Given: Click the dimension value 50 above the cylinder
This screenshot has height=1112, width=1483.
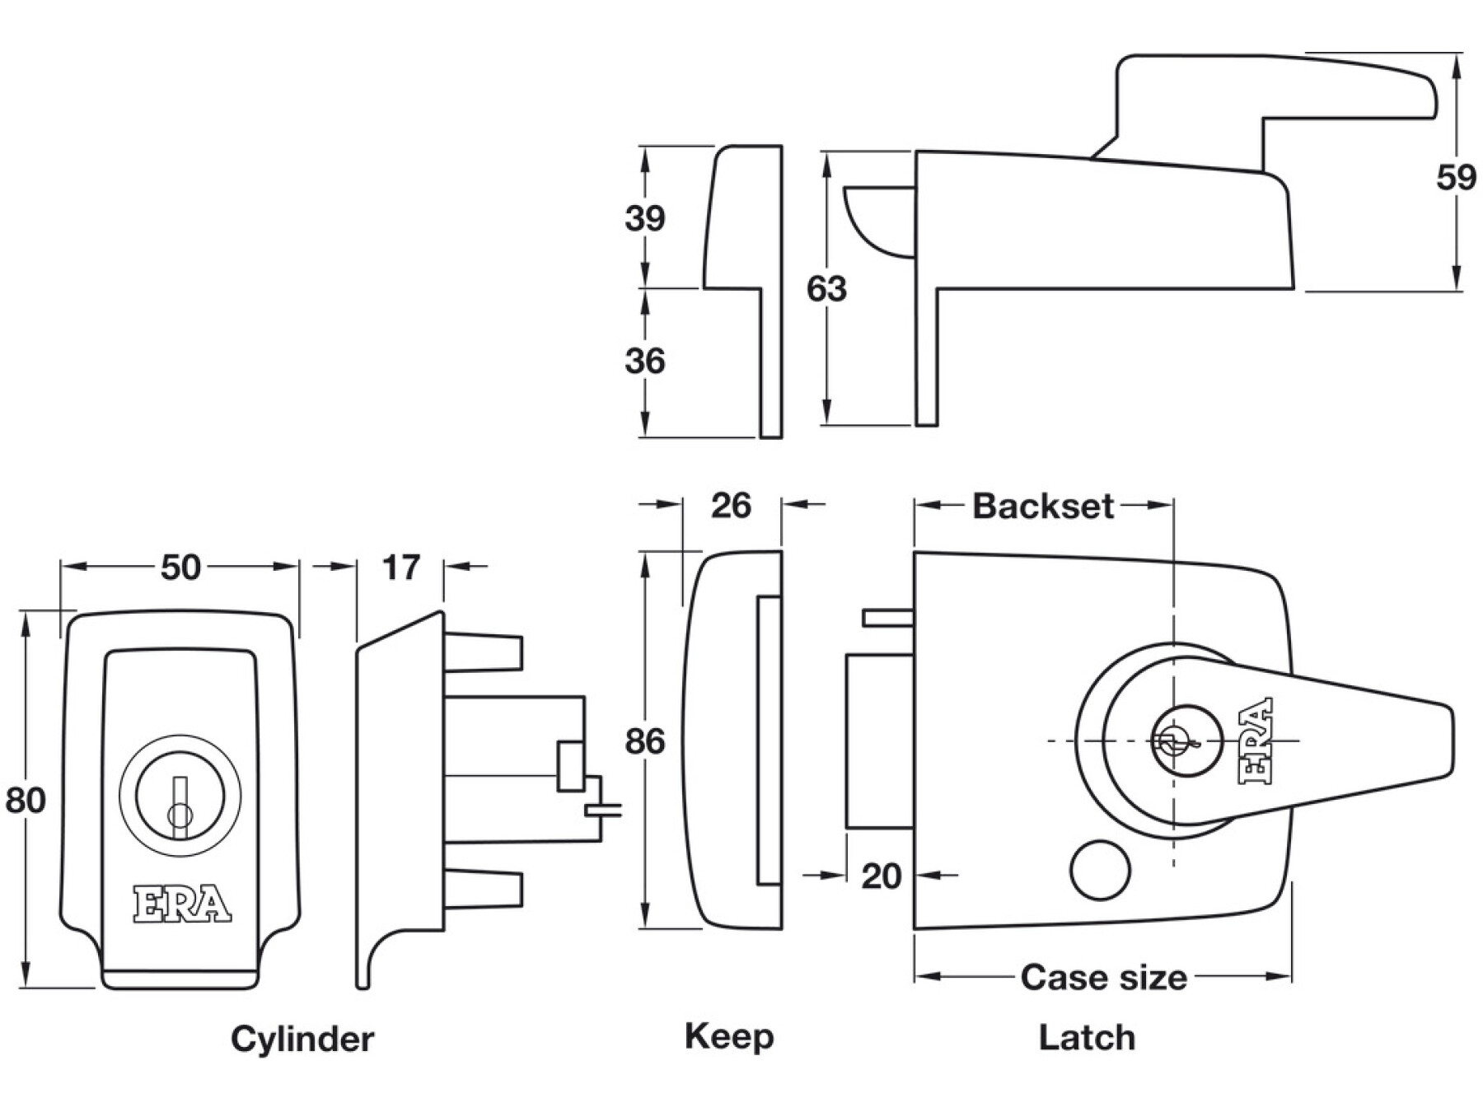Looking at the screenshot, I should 180,568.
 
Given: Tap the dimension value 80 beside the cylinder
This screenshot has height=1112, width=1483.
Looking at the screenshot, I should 25,800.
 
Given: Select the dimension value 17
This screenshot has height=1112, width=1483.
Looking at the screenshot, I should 400,568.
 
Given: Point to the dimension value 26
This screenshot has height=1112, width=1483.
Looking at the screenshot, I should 731,506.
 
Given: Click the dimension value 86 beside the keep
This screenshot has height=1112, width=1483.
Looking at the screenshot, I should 644,741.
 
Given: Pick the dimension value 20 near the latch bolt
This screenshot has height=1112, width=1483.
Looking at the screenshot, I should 881,876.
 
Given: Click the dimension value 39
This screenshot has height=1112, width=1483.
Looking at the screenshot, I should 644,218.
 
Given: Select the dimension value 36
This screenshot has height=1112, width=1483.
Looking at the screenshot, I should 644,361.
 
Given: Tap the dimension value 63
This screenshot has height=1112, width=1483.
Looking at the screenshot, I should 826,289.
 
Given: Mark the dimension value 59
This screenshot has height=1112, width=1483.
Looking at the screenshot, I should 1456,177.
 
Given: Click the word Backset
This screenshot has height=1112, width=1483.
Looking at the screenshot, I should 1043,506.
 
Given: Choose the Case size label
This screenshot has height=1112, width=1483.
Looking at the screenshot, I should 1103,978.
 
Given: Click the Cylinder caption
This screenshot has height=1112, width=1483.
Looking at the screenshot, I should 302,1039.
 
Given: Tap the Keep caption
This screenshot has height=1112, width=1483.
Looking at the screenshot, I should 729,1036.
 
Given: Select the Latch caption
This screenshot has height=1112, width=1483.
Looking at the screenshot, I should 1087,1037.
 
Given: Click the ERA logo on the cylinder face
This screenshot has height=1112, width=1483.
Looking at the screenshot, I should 182,904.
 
